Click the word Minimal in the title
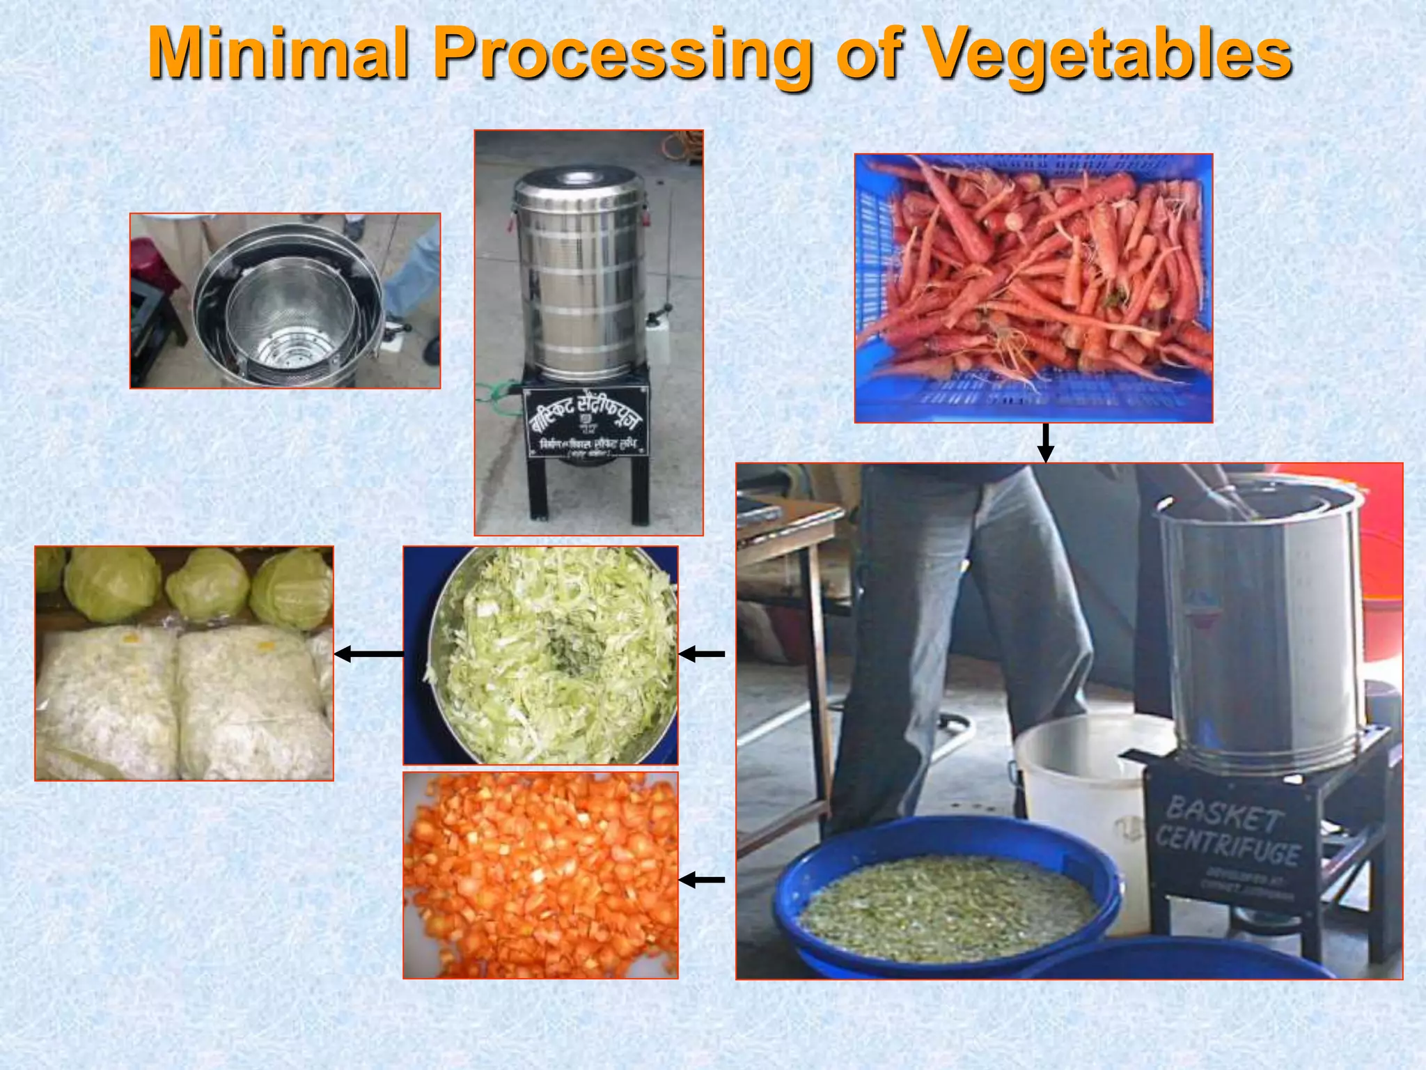[x=277, y=54]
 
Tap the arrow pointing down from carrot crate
[x=1045, y=443]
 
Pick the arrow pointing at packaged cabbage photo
[x=369, y=653]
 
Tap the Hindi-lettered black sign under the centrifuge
[x=586, y=424]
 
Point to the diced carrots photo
[x=540, y=875]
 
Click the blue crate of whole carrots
[x=1033, y=288]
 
